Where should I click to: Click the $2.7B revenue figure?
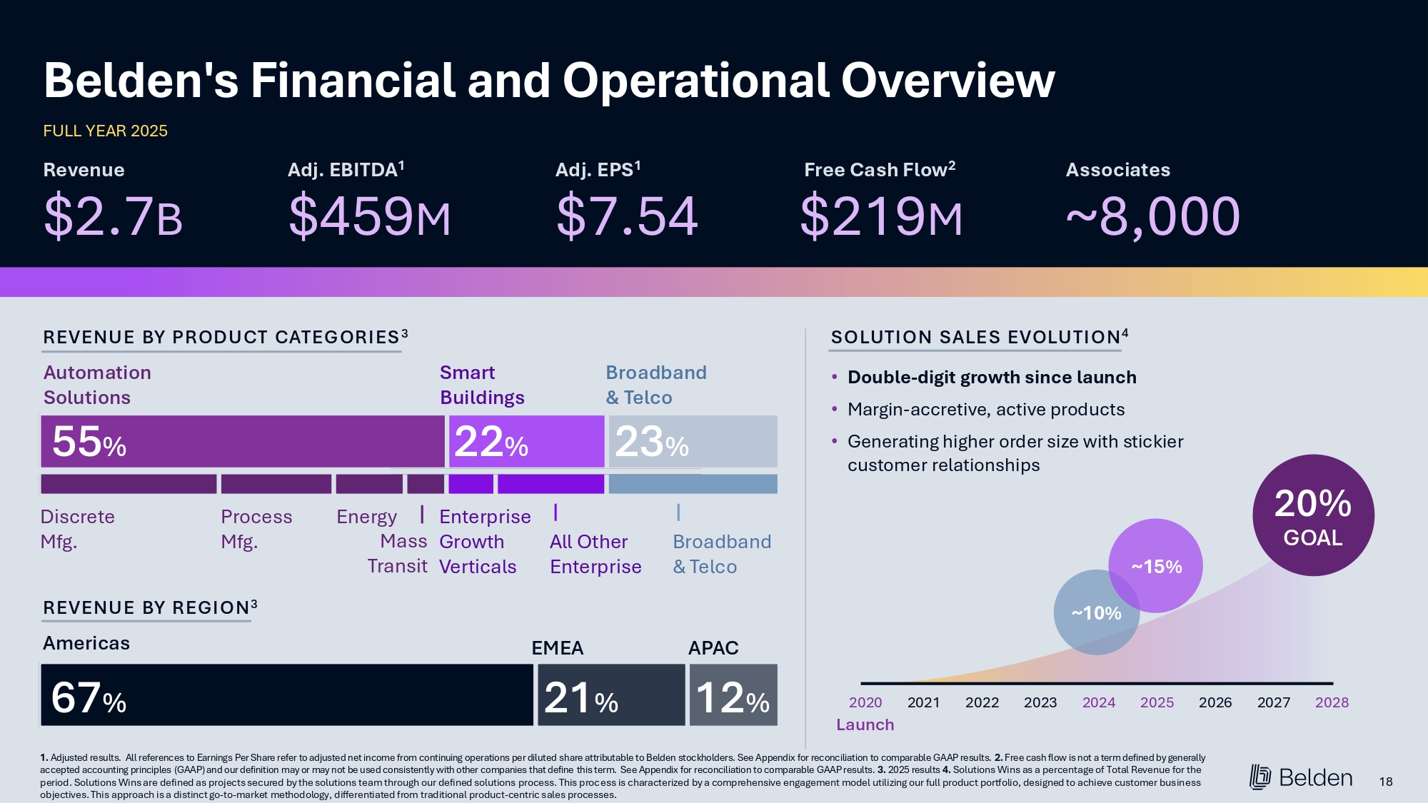[x=113, y=216]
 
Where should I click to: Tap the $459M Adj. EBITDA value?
[x=369, y=216]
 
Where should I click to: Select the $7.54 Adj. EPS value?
[x=626, y=216]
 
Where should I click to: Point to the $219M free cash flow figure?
[x=881, y=216]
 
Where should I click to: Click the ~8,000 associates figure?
[x=1152, y=216]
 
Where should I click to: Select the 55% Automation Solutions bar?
[x=242, y=442]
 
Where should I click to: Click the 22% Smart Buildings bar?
[x=526, y=442]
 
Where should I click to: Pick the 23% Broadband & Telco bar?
[x=693, y=442]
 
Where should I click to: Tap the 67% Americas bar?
[x=286, y=695]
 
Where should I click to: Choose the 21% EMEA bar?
[x=611, y=695]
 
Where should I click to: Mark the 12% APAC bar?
[x=733, y=695]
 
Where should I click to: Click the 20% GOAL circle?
[x=1313, y=515]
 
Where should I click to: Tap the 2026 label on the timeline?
[x=1215, y=702]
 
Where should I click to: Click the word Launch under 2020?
[x=865, y=725]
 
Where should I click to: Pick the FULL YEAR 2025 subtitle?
[x=105, y=131]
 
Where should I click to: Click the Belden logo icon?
[x=1260, y=777]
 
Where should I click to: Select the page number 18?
[x=1386, y=782]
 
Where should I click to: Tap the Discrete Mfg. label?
[x=77, y=529]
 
